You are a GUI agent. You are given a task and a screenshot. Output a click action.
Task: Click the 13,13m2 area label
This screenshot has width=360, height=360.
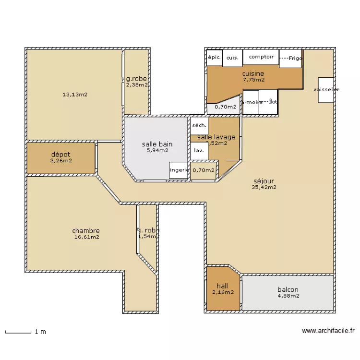click(75, 95)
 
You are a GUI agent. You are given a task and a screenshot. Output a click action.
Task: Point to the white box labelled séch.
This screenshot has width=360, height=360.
click(199, 126)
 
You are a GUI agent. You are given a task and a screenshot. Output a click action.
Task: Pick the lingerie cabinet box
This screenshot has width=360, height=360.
click(179, 170)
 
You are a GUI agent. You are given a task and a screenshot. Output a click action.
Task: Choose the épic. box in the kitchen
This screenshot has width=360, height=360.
click(214, 57)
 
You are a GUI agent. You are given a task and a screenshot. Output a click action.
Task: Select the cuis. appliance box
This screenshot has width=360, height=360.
click(232, 57)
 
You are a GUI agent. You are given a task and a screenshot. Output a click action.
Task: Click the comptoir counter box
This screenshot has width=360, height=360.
click(261, 57)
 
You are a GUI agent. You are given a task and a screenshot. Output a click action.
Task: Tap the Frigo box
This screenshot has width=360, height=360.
click(290, 58)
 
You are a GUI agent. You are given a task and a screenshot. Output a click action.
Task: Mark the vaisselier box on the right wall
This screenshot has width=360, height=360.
click(325, 90)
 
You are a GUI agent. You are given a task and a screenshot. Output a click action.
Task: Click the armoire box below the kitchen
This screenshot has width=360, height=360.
click(251, 102)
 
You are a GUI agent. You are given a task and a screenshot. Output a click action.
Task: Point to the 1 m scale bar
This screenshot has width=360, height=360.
click(18, 331)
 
